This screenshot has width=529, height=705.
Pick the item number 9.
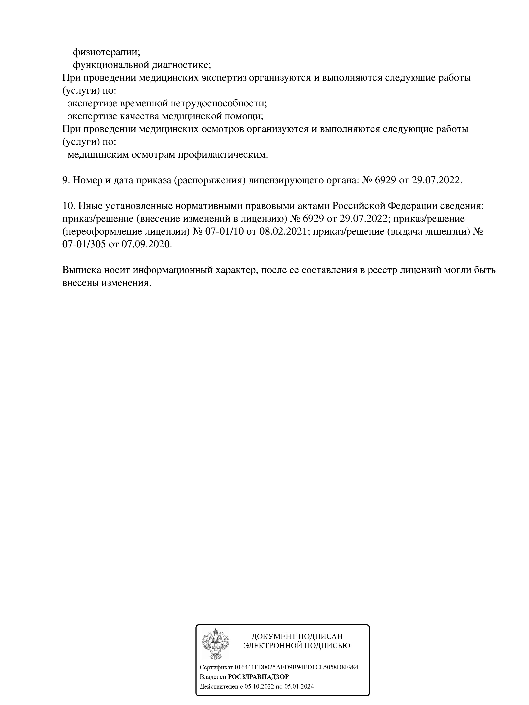pyautogui.click(x=66, y=180)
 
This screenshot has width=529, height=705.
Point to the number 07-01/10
pyautogui.click(x=225, y=232)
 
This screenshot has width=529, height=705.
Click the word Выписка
pyautogui.click(x=81, y=270)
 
